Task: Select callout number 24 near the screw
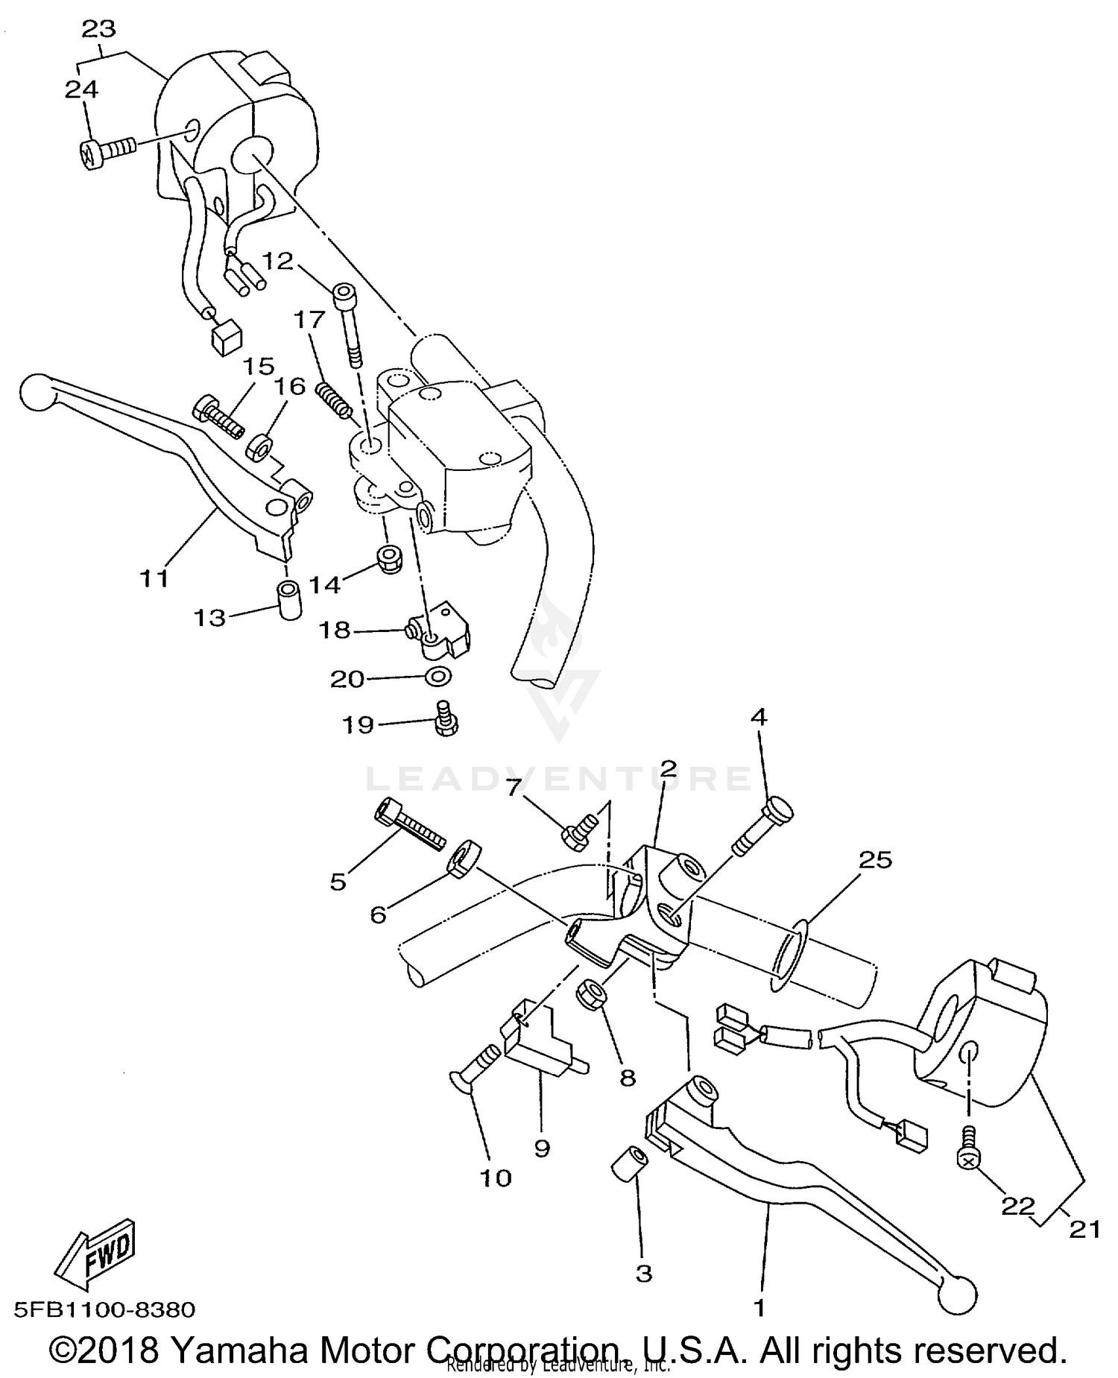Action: [x=81, y=89]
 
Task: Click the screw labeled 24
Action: [x=106, y=154]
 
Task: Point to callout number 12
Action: [x=277, y=262]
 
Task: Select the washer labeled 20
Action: [x=438, y=677]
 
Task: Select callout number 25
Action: [x=875, y=860]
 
